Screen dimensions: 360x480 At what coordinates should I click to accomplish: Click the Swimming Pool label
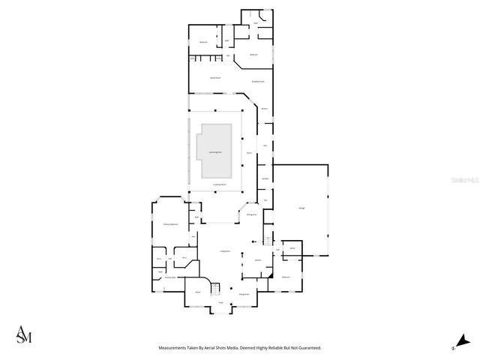tap(213, 151)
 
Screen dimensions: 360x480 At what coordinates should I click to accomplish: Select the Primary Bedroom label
tap(170, 224)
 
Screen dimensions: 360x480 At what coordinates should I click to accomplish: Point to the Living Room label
tap(223, 251)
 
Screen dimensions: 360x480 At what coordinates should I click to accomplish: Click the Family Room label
tap(214, 78)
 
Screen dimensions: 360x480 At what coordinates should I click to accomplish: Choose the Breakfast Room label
tap(257, 81)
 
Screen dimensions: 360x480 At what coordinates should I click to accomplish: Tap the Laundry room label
tap(265, 178)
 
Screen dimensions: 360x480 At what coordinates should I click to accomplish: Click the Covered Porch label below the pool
tap(219, 184)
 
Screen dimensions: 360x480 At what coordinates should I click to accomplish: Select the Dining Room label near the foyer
tap(244, 295)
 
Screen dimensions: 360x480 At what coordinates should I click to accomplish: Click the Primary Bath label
tap(170, 277)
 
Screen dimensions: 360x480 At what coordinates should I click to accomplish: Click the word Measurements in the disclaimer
tap(175, 348)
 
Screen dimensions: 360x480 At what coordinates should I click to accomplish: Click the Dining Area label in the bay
tap(251, 214)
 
